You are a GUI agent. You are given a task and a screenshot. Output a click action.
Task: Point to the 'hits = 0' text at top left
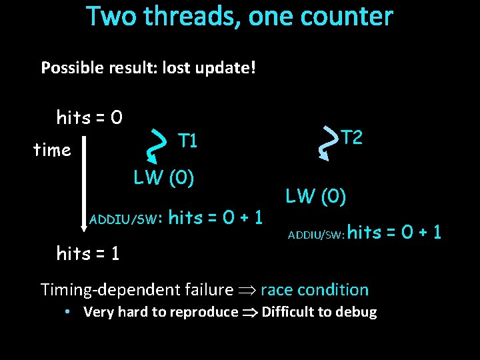[89, 118]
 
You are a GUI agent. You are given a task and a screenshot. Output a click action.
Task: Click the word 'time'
[52, 150]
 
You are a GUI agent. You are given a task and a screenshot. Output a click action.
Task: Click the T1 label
[188, 141]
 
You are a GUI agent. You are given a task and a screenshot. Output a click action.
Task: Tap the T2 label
[351, 138]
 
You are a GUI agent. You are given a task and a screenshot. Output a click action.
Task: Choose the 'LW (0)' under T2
[315, 196]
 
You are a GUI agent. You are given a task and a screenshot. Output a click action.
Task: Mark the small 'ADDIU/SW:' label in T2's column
[316, 234]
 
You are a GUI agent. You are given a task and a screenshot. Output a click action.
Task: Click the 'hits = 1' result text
[89, 253]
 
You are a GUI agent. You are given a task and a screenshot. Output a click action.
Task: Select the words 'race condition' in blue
[314, 289]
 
